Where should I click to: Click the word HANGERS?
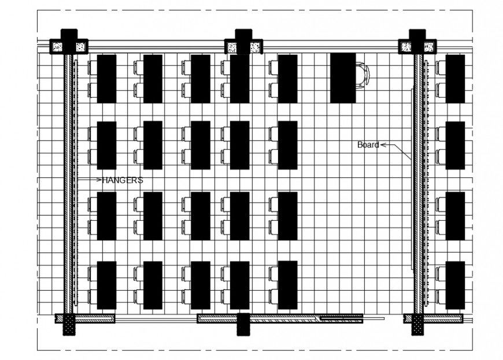coord(123,180)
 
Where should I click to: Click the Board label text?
coord(368,145)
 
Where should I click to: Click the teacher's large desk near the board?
coord(343,78)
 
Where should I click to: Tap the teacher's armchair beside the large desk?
coord(362,76)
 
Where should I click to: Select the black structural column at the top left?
coord(69,42)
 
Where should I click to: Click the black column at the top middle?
coord(243,42)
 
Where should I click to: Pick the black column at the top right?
coord(417,42)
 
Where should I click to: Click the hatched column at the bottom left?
coord(69,325)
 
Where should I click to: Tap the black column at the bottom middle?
coord(243,324)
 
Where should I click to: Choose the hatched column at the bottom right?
coord(417,325)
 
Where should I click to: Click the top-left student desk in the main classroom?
coord(106,79)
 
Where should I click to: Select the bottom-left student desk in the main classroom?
coord(106,285)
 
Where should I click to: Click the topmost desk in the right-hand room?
coord(455,79)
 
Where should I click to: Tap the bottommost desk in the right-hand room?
coord(455,285)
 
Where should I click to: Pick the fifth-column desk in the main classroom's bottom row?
coord(287,285)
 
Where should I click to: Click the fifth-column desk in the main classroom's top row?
coord(287,79)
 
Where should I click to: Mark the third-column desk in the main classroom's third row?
coord(200,216)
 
